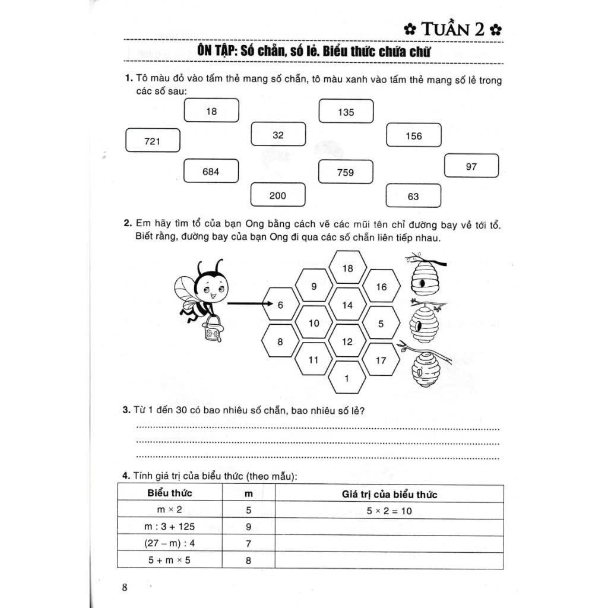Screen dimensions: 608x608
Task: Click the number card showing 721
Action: click(153, 141)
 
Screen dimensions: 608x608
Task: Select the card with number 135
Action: click(346, 112)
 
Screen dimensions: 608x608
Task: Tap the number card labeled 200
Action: click(278, 195)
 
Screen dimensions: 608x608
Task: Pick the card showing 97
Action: click(471, 166)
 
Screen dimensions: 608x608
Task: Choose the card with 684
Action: click(211, 172)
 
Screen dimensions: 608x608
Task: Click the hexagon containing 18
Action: click(348, 268)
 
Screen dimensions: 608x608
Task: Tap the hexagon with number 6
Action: click(280, 305)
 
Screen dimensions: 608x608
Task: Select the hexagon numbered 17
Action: click(381, 359)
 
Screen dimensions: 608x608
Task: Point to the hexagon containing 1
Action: click(348, 378)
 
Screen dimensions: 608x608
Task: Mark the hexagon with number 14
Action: click(348, 305)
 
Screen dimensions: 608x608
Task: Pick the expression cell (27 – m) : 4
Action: click(169, 543)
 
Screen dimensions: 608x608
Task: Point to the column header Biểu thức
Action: click(169, 493)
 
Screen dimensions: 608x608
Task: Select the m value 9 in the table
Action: click(248, 527)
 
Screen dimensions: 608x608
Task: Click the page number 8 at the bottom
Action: click(125, 588)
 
